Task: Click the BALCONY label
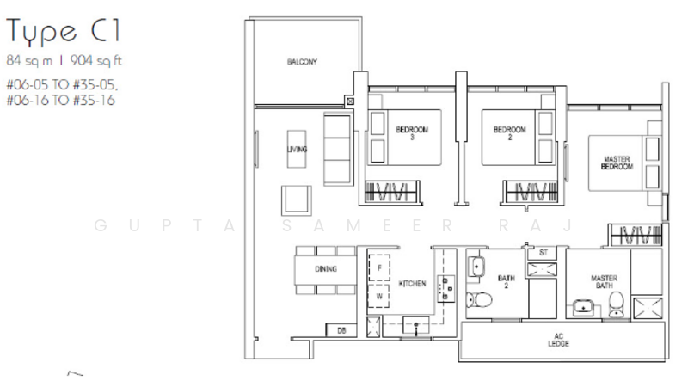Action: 303,62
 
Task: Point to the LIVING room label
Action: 298,149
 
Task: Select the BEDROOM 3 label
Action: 411,133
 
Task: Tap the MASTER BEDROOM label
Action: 617,163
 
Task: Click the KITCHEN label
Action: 412,284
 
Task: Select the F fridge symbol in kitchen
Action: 379,268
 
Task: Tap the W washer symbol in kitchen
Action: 379,295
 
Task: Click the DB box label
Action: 341,329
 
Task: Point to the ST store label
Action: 544,253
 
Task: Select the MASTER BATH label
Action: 605,281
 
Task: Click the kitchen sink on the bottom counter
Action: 416,324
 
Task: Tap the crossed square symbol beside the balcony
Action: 349,101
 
